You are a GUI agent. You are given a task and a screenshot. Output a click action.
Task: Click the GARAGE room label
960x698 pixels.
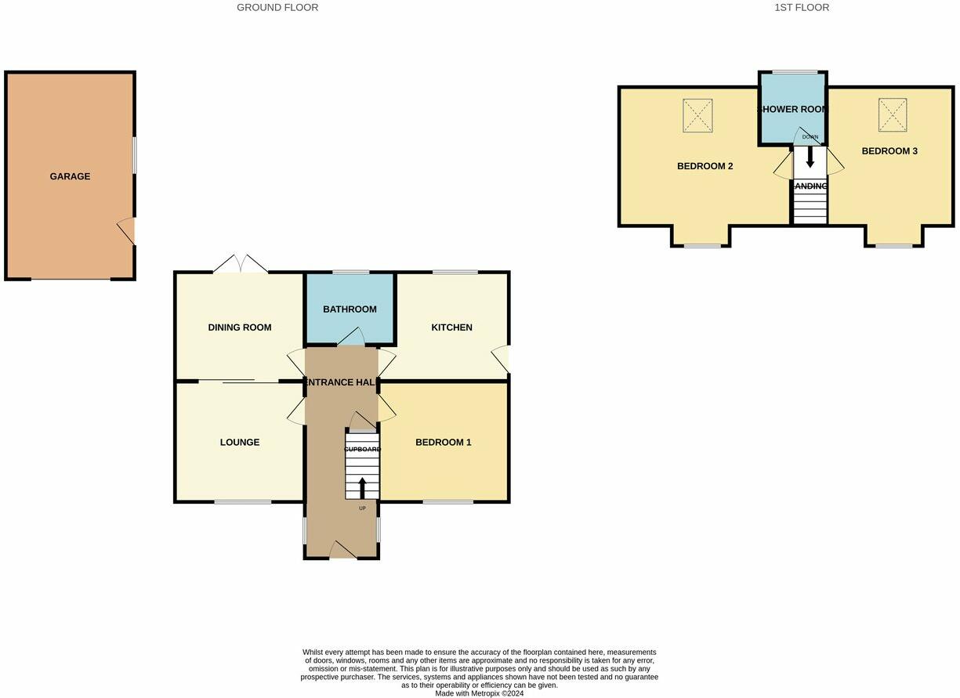70,176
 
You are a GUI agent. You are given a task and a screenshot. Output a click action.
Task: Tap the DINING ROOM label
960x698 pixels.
239,327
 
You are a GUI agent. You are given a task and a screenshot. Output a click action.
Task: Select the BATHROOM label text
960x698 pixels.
350,309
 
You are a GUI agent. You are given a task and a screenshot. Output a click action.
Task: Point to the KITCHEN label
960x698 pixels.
451,327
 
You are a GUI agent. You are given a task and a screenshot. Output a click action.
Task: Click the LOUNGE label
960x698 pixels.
239,443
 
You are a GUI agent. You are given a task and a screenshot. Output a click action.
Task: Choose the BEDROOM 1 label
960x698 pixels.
443,443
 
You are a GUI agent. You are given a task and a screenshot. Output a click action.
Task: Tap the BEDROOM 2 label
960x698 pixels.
705,166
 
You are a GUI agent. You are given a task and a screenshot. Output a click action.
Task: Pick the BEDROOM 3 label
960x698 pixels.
889,151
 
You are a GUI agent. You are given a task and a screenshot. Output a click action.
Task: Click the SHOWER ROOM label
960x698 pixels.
792,110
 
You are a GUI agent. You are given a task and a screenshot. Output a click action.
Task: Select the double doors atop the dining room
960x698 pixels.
241,265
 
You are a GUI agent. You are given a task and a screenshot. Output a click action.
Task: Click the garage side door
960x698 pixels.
127,232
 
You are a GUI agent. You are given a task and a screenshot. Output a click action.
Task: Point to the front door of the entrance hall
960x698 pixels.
342,551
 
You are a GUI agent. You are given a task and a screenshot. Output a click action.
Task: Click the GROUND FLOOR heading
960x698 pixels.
277,8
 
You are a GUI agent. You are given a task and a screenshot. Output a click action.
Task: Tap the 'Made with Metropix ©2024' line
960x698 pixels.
480,693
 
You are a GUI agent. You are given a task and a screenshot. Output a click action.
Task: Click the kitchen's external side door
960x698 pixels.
500,360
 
